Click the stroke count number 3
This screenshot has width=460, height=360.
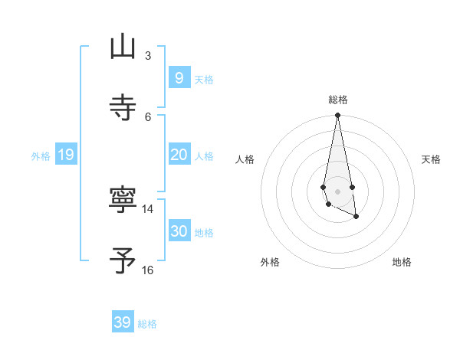[x=148, y=55]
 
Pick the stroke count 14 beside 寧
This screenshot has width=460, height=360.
[x=148, y=208]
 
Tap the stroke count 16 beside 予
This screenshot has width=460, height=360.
[x=148, y=270]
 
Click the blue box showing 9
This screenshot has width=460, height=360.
[x=179, y=78]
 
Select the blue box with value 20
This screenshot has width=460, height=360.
[x=179, y=155]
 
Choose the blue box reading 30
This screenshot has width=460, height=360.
[x=179, y=231]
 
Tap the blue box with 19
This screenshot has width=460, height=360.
[x=65, y=155]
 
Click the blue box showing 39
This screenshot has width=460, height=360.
[x=123, y=322]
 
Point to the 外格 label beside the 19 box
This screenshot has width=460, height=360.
[x=41, y=156]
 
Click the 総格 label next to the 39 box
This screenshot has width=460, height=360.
[x=147, y=324]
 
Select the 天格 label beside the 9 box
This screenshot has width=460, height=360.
[x=203, y=80]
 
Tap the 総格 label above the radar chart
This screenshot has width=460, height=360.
[x=338, y=100]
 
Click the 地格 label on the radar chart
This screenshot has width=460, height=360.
[x=402, y=262]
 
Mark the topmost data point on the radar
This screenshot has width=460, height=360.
[x=337, y=116]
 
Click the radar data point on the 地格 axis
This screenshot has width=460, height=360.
[x=356, y=218]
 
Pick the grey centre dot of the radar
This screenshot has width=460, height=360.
[x=337, y=191]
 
